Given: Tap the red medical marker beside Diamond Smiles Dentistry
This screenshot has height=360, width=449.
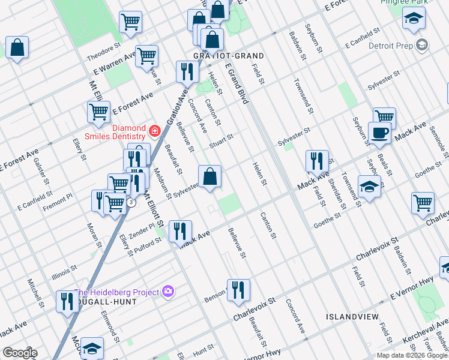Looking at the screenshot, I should tap(155, 130).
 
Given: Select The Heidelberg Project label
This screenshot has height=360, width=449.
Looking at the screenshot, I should tap(117, 292).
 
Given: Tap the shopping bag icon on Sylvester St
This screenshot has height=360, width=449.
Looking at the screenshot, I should tap(209, 177).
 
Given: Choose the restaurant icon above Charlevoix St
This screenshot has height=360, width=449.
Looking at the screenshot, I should tap(238, 290).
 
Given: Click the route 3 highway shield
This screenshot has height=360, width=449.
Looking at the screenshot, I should tap(131, 202).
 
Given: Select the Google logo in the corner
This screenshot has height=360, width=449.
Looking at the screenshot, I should tap(19, 353).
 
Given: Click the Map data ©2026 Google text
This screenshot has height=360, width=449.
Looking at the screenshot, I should tap(412, 355).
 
